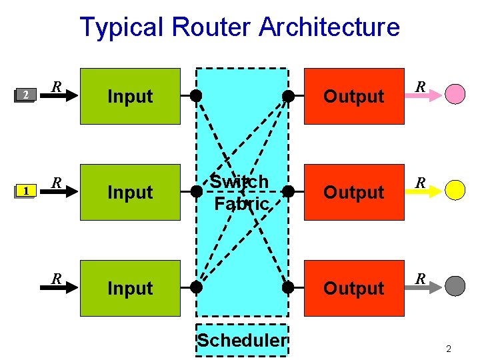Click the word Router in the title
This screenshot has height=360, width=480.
[211, 27]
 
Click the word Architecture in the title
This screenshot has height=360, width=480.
[329, 27]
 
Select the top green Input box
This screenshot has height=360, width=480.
[130, 96]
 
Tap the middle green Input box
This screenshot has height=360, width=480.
[130, 192]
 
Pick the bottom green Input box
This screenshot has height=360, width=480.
[130, 288]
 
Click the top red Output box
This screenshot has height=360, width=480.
[354, 96]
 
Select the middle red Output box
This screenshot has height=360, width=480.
[354, 192]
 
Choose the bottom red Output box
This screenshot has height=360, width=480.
[354, 288]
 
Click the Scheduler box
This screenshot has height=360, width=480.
[242, 341]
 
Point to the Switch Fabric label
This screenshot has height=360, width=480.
[240, 192]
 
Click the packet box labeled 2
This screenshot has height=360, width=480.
[25, 95]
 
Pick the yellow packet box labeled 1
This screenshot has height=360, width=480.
[25, 192]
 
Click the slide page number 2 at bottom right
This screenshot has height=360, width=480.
[449, 349]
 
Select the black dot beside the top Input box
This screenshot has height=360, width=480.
[196, 96]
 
